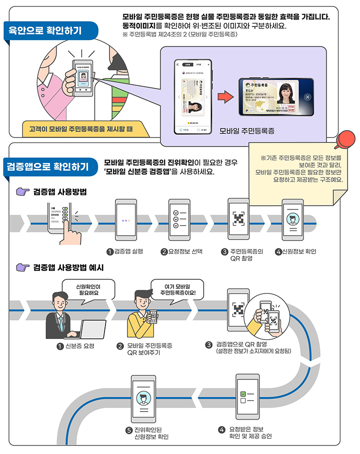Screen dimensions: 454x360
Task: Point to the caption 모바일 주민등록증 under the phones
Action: coord(247,131)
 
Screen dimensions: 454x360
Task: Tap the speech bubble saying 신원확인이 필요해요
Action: coord(87,289)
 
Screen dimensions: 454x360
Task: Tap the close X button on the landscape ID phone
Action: coord(307,97)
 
